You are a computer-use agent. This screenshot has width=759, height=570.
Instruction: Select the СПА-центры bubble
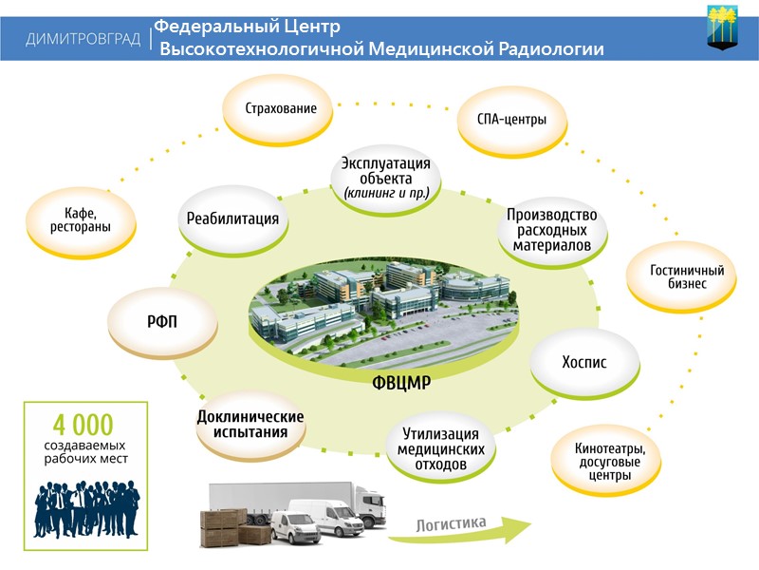click(509, 121)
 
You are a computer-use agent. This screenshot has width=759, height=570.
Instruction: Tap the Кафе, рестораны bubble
click(81, 220)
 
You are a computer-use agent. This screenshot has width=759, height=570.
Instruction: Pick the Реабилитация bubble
click(232, 219)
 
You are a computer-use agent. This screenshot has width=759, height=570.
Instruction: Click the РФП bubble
click(162, 321)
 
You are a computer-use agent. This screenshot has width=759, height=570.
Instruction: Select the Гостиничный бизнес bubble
click(680, 276)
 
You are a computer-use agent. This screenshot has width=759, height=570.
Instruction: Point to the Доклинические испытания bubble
click(250, 425)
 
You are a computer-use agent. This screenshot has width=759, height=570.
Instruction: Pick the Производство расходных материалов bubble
click(551, 229)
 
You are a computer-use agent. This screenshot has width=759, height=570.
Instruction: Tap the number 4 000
click(83, 424)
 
